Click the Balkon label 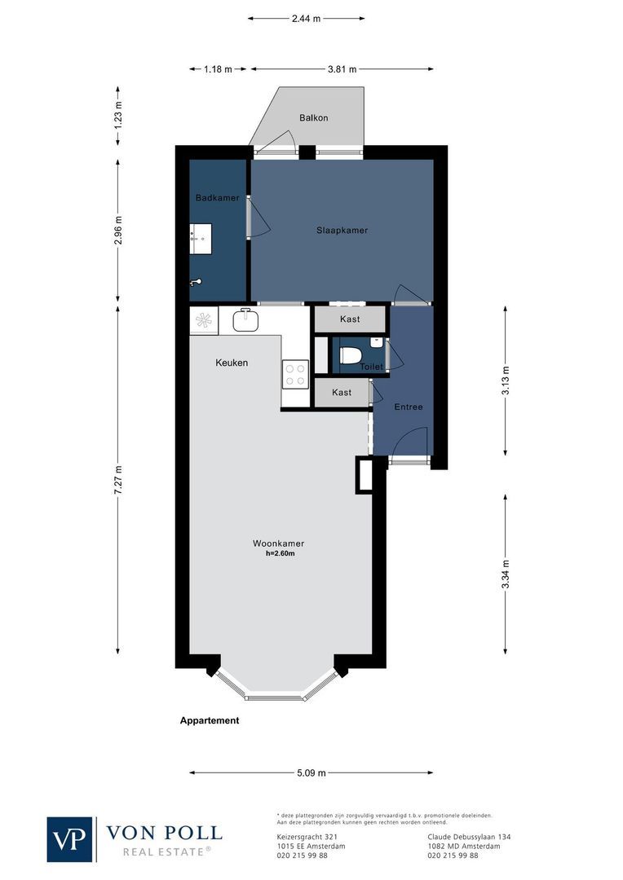tap(313, 118)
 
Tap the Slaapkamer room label tap(342, 231)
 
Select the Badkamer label tap(217, 198)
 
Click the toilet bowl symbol tap(351, 356)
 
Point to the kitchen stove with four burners tap(294, 373)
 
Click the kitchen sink tap(245, 320)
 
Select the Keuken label tap(232, 363)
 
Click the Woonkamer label tap(278, 543)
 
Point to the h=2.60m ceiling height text tap(279, 554)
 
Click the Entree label tap(408, 407)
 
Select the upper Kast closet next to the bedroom tap(350, 319)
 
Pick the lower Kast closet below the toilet tap(342, 393)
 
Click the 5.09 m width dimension tap(311, 772)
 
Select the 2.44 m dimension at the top tap(306, 17)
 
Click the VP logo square tap(70, 839)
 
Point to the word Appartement tap(210, 720)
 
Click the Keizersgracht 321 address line tap(303, 837)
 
